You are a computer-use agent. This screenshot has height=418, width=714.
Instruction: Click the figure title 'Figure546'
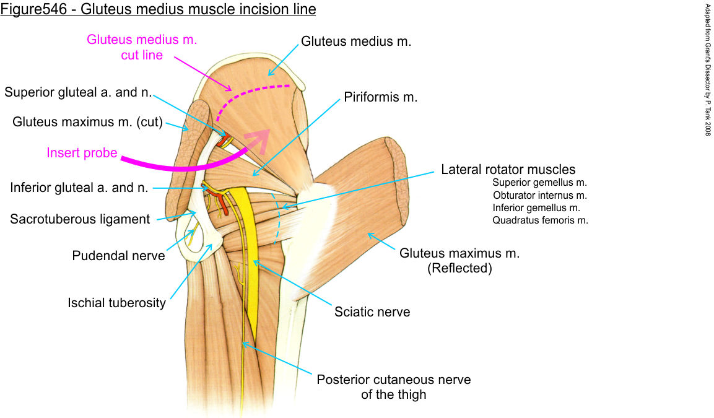tap(37, 9)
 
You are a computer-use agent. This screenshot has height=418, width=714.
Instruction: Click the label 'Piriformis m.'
tap(381, 98)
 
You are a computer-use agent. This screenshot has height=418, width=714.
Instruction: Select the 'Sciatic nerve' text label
tap(372, 311)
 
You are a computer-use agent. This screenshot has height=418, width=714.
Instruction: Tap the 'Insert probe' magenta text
tap(82, 152)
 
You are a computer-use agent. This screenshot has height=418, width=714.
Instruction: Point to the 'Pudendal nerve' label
tap(118, 255)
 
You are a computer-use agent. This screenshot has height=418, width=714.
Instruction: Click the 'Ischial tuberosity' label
tap(117, 303)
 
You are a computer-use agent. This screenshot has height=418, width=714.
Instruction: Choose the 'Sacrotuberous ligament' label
tap(80, 219)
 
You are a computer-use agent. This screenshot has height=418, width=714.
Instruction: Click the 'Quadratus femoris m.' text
tap(540, 220)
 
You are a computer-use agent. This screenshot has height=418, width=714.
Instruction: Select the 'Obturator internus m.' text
tap(539, 195)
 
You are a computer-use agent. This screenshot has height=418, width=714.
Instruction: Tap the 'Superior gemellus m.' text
tap(539, 183)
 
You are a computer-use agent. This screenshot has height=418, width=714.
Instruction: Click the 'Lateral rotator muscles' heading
tap(508, 169)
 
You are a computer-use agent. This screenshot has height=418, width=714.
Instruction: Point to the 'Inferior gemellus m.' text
tap(536, 207)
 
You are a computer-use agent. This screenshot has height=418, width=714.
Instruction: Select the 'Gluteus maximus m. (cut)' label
tap(87, 122)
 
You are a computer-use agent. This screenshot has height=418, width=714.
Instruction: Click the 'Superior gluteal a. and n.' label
tap(78, 92)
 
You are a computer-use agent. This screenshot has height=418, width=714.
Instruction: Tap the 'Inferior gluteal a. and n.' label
tap(79, 187)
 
